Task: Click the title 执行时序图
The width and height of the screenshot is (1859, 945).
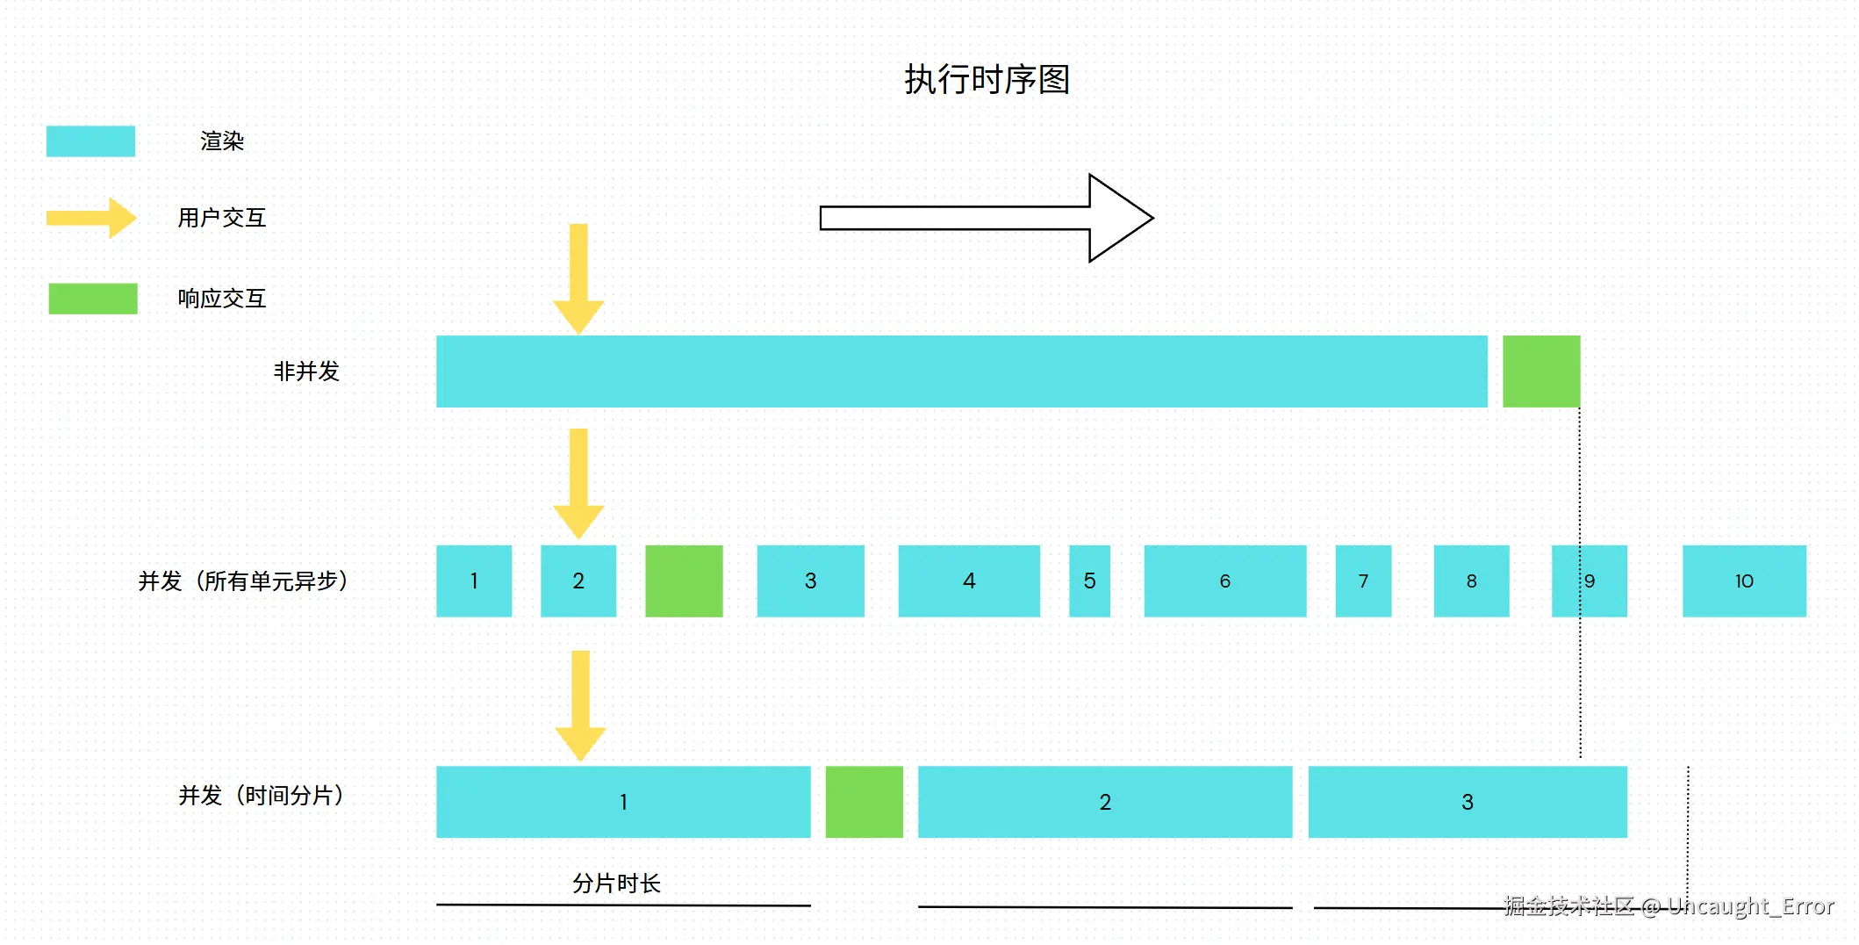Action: tap(987, 80)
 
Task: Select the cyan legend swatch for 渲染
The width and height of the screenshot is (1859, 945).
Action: tap(90, 141)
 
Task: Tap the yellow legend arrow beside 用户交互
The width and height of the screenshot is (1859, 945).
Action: tap(91, 218)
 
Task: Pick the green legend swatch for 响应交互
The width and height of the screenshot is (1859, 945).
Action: tap(93, 299)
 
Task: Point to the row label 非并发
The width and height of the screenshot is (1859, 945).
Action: tap(306, 372)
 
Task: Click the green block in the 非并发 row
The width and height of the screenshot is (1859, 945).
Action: tap(1540, 372)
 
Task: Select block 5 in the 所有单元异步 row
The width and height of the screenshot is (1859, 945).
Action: tap(1089, 581)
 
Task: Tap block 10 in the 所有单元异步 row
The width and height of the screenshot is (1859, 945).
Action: tap(1743, 581)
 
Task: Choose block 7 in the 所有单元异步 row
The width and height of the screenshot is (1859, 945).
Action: tap(1363, 581)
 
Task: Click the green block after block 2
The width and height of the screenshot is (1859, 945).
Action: tap(684, 581)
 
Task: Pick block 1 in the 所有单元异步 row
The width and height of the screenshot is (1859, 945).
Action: tap(474, 581)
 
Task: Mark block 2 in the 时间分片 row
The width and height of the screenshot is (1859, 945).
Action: tap(1104, 802)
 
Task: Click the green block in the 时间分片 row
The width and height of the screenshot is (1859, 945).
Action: tap(864, 802)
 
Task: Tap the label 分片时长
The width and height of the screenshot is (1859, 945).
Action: tap(616, 883)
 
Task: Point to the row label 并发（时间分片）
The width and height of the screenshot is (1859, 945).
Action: tap(262, 796)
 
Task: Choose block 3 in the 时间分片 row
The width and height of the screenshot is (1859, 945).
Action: tap(1467, 802)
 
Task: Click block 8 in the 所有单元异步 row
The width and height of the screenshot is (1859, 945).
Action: tap(1471, 581)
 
